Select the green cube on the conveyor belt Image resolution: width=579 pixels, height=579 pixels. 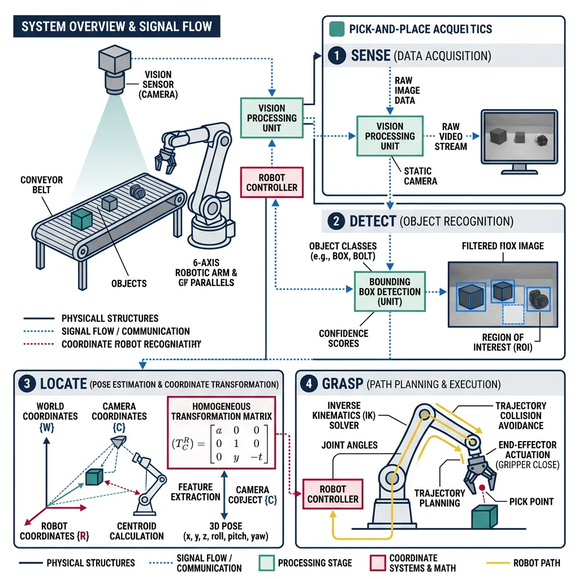(x=81, y=218)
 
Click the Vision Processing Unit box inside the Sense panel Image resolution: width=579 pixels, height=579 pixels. (x=390, y=136)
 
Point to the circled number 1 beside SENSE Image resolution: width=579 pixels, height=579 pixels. (x=336, y=55)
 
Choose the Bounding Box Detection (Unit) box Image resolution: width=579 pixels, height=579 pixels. (x=390, y=291)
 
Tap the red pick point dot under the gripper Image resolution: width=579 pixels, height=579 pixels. (x=482, y=487)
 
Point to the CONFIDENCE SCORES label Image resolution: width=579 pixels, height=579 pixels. (x=343, y=338)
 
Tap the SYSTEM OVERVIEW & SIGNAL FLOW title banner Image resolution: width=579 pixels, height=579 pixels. (x=116, y=27)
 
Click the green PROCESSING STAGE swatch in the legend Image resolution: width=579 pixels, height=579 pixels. (x=265, y=563)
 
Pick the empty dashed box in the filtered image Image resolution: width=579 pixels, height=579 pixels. (x=512, y=314)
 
